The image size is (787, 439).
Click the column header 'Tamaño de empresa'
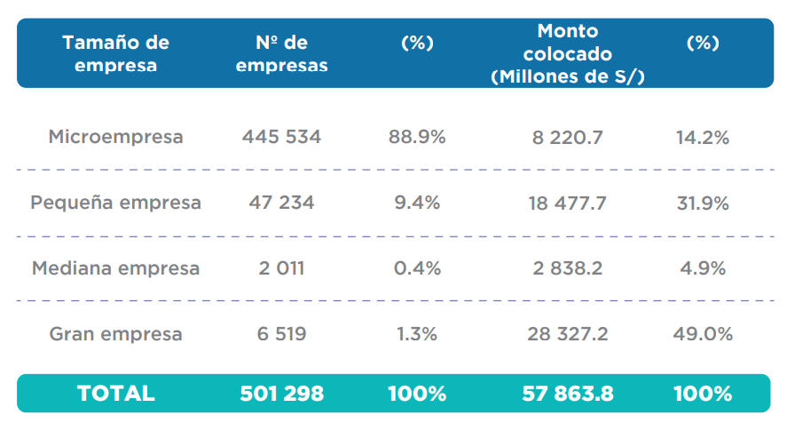pyautogui.click(x=115, y=53)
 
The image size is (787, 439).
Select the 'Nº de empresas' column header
pyautogui.click(x=282, y=53)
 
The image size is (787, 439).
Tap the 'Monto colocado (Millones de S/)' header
pyautogui.click(x=568, y=53)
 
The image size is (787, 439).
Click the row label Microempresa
pyautogui.click(x=115, y=137)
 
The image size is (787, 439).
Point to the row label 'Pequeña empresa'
pyautogui.click(x=115, y=203)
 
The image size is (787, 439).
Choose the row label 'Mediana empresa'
pyautogui.click(x=115, y=267)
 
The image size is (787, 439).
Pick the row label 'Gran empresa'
pyautogui.click(x=115, y=334)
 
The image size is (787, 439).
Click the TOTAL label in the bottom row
pyautogui.click(x=115, y=393)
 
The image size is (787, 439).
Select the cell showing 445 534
pyautogui.click(x=281, y=137)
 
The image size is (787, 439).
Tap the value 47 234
pyautogui.click(x=281, y=203)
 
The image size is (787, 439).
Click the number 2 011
pyautogui.click(x=281, y=267)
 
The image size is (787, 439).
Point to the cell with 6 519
pyautogui.click(x=281, y=334)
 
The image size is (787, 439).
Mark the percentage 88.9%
pyautogui.click(x=417, y=137)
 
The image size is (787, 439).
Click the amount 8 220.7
pyautogui.click(x=568, y=137)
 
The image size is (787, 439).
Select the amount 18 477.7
pyautogui.click(x=568, y=203)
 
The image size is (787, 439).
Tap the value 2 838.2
pyautogui.click(x=568, y=267)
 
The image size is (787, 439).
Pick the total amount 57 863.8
pyautogui.click(x=568, y=393)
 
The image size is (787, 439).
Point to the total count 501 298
pyautogui.click(x=281, y=393)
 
